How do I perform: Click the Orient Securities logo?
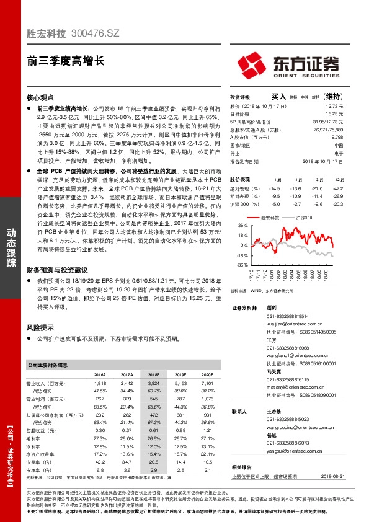288,64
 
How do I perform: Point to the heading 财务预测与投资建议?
57,271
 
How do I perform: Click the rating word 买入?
278,97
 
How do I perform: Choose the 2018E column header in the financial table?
153,375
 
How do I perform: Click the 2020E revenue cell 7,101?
207,384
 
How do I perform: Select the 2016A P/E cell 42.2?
100,462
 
